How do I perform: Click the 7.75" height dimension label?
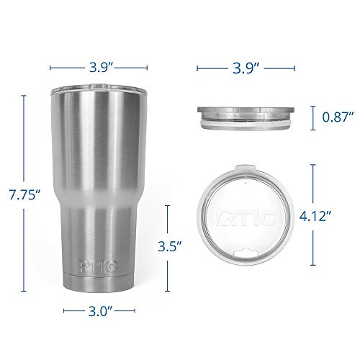tap(24, 194)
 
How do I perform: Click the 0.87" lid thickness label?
tap(338, 117)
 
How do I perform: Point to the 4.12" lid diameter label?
tap(315, 216)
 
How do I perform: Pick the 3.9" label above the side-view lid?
tap(246, 68)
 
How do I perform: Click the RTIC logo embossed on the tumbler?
tap(98, 266)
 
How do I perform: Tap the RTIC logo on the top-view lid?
tap(246, 218)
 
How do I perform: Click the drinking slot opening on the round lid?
tap(247, 253)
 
